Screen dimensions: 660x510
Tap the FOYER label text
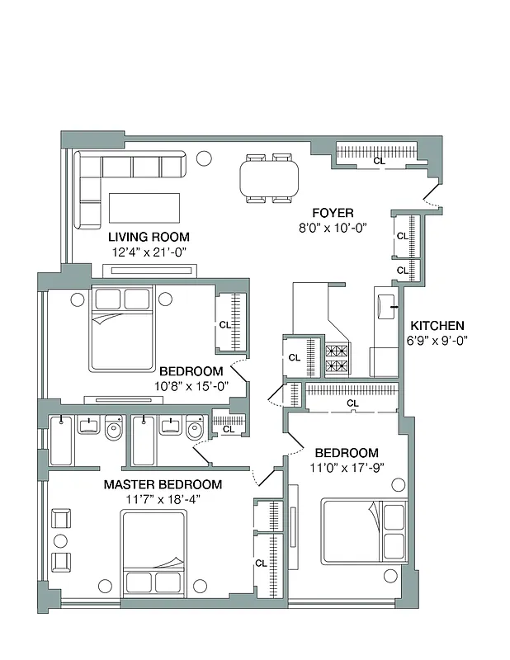(x=333, y=213)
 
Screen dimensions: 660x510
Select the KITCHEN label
(x=437, y=326)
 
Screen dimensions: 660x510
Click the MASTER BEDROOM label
(x=163, y=484)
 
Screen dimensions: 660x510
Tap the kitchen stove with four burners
(x=338, y=358)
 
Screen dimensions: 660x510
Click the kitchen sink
(x=385, y=305)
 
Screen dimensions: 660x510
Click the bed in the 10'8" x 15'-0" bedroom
(x=122, y=328)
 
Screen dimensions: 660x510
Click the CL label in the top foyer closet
(x=379, y=161)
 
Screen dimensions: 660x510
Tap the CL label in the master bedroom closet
(x=261, y=563)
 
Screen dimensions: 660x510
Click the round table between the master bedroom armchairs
(x=60, y=540)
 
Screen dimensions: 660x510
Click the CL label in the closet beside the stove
(x=295, y=357)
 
